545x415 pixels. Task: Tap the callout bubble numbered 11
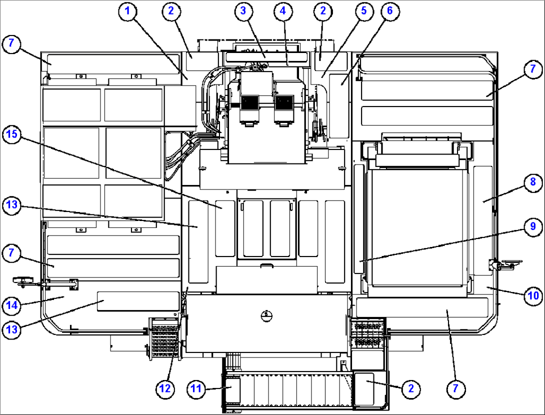tap(197, 388)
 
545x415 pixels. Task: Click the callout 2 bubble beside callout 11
tap(410, 388)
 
